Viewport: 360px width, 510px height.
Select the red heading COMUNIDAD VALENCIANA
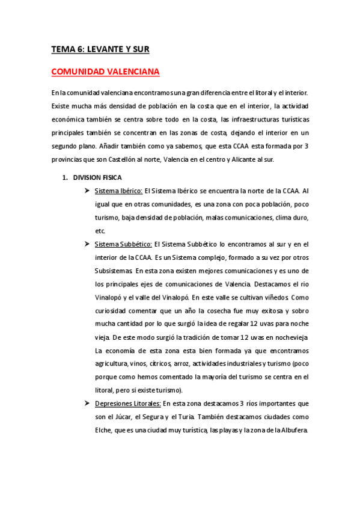[105, 72]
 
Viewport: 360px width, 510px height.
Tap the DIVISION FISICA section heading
[97, 177]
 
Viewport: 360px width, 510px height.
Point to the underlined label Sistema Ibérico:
[118, 191]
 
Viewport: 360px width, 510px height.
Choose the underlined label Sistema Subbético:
[123, 244]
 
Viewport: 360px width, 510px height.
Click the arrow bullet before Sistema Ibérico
[87, 191]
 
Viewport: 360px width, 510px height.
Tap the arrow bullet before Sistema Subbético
[87, 244]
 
